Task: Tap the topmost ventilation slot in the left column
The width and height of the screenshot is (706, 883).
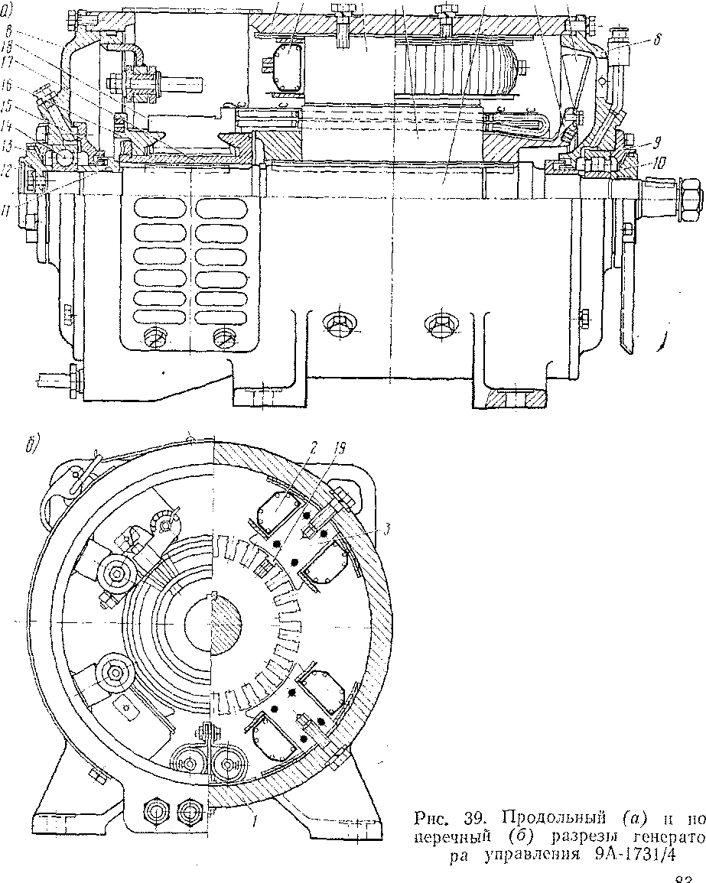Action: (x=158, y=208)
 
